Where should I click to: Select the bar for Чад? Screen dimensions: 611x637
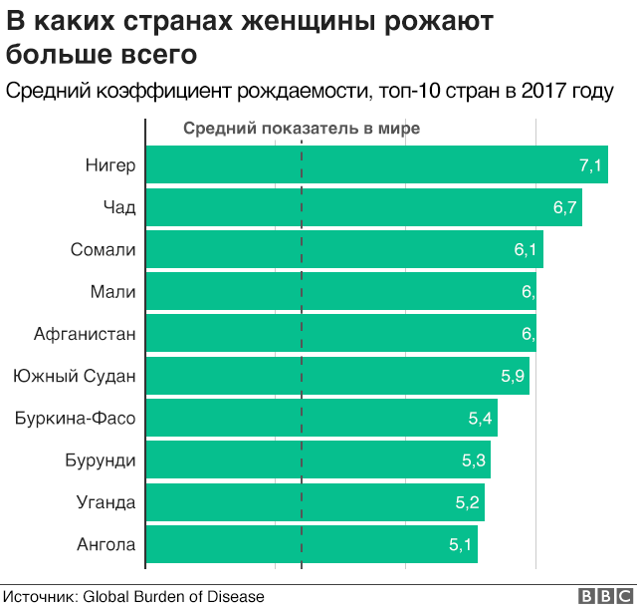click(363, 207)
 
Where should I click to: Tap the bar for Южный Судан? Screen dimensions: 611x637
click(337, 376)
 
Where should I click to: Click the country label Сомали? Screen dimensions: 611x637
click(103, 249)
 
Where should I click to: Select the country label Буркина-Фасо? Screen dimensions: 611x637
click(76, 418)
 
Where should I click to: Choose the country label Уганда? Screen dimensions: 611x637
click(105, 501)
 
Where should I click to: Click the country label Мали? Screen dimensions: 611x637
click(112, 291)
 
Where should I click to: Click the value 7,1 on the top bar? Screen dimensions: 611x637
click(590, 165)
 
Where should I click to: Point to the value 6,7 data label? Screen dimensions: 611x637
click(564, 207)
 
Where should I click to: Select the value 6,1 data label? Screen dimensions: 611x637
click(526, 249)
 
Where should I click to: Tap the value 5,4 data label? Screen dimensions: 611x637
click(480, 418)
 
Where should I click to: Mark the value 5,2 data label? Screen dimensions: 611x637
click(467, 501)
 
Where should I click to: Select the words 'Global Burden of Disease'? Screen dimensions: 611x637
click(173, 596)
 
